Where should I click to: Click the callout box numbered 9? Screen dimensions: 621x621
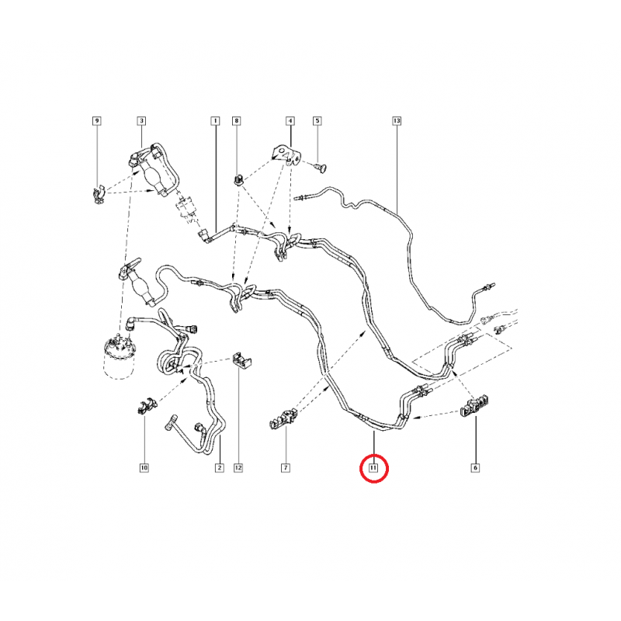click(x=97, y=120)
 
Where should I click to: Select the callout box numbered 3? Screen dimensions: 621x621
click(x=141, y=120)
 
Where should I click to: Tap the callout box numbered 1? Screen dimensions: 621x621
click(x=215, y=120)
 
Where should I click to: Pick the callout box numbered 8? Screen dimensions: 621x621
click(x=237, y=120)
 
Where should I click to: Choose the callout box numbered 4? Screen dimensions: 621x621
click(x=290, y=120)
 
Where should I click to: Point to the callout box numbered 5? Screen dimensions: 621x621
click(x=317, y=120)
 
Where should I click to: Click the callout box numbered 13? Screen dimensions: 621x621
click(x=397, y=120)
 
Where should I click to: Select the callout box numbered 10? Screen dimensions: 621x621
click(x=144, y=468)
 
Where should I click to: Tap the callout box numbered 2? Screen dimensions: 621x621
click(x=220, y=468)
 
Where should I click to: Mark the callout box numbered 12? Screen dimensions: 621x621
click(x=238, y=468)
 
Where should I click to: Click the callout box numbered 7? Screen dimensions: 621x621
click(x=285, y=468)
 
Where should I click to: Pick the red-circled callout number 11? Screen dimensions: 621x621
click(x=373, y=468)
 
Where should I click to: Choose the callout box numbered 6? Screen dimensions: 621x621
click(x=475, y=468)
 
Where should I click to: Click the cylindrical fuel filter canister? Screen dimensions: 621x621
click(x=119, y=358)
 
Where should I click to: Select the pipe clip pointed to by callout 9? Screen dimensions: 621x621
click(x=98, y=195)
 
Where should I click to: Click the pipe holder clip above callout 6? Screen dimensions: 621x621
click(x=474, y=406)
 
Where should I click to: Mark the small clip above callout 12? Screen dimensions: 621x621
click(x=241, y=360)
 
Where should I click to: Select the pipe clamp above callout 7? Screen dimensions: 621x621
click(x=283, y=420)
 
